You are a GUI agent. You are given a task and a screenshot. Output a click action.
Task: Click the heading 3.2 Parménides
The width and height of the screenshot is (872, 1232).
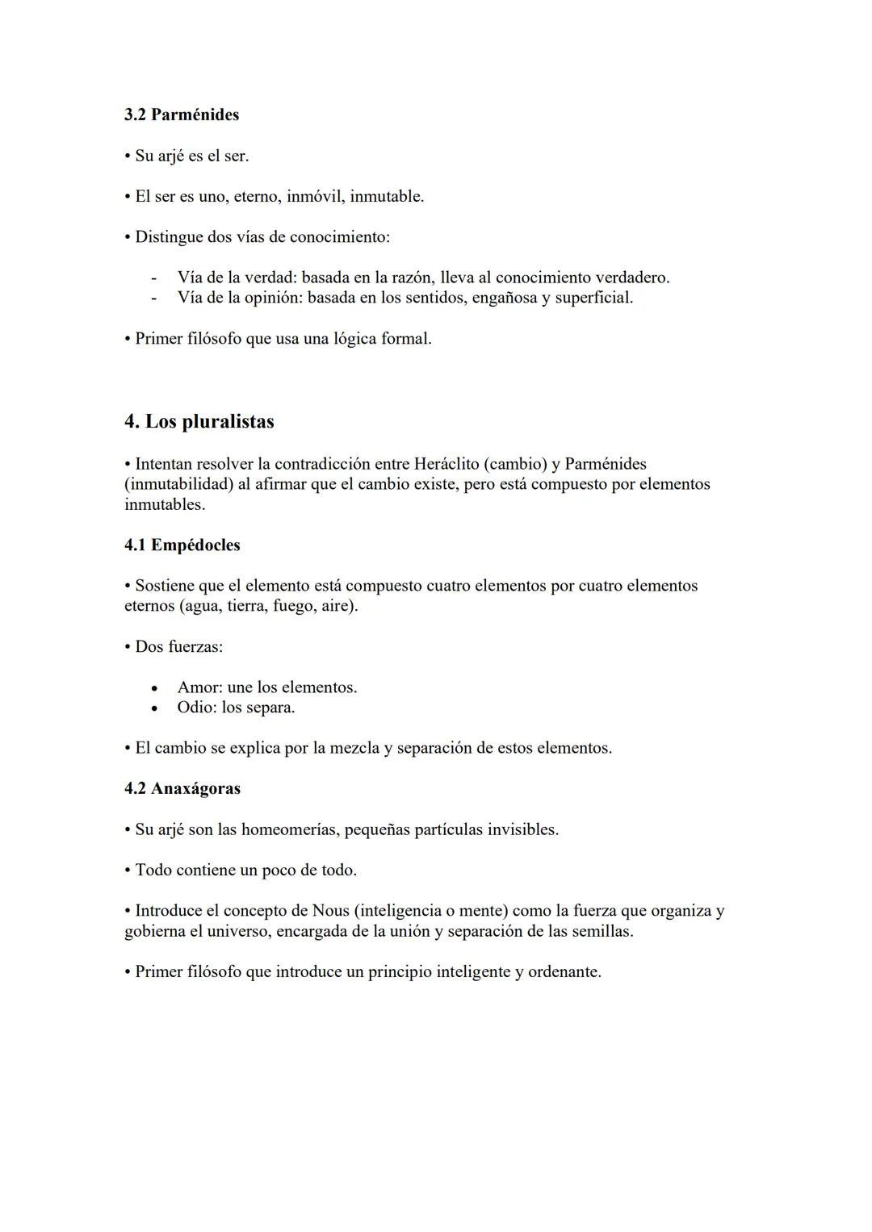(x=182, y=115)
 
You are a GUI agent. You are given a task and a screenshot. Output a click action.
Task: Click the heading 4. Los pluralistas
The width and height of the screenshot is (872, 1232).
(x=199, y=422)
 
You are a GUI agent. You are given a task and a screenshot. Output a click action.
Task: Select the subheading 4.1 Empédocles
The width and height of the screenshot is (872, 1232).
(x=182, y=545)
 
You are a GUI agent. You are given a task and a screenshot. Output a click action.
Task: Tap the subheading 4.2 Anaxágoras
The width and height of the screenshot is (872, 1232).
(x=182, y=789)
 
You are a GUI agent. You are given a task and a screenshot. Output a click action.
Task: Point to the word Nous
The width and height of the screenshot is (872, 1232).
(x=331, y=911)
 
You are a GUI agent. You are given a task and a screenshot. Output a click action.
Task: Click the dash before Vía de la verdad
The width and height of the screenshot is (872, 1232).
(x=153, y=278)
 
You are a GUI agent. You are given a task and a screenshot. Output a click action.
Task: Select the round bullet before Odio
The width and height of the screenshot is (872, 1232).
(x=153, y=708)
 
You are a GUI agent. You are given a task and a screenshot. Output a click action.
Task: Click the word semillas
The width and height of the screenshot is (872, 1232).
(x=602, y=931)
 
